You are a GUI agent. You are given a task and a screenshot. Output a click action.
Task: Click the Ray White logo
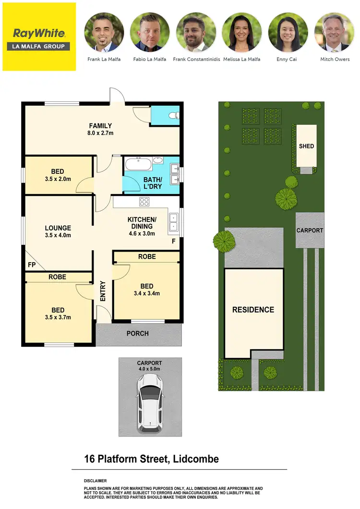39,36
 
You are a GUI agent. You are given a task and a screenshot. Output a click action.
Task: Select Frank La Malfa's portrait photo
104,33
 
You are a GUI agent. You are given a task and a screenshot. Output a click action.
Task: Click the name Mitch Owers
335,60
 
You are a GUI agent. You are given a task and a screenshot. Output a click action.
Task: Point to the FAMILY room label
100,126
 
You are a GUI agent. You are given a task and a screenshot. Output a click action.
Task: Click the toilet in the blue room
175,116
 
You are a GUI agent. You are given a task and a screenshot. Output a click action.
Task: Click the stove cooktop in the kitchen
144,202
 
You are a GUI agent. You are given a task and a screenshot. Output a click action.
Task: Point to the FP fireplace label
32,265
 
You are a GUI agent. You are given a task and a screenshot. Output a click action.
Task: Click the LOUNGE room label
58,228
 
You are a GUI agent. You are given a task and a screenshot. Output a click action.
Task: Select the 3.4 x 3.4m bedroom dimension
146,293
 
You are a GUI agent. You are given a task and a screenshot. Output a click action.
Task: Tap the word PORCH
138,333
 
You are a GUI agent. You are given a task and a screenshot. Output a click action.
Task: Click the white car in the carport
150,402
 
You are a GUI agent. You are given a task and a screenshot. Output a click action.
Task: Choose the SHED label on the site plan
306,146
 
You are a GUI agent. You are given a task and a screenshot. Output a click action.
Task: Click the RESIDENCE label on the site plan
253,310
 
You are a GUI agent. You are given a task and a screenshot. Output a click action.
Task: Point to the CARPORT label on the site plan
310,230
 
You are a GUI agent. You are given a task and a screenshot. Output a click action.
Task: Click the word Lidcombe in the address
194,459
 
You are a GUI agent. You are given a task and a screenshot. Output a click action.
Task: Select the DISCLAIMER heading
95,481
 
